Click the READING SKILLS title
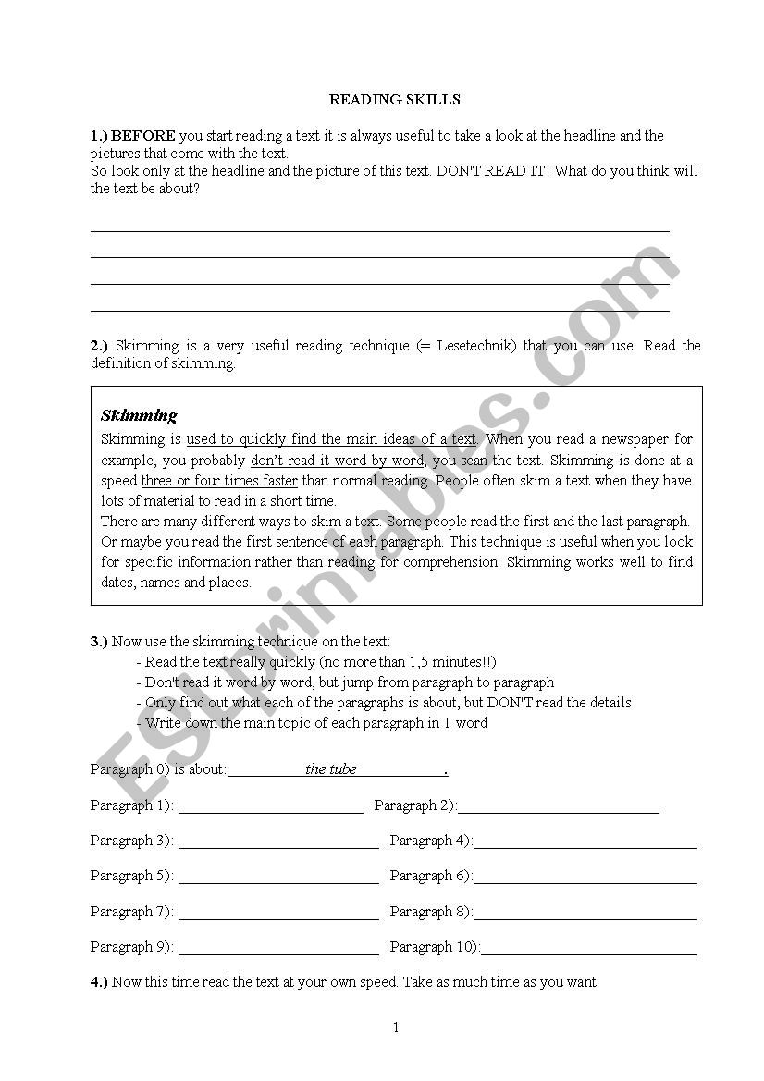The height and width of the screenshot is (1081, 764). [395, 100]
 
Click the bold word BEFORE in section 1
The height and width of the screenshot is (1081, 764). [143, 136]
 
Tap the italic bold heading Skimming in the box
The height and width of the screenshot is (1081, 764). [139, 415]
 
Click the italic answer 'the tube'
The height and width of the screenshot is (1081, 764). [330, 769]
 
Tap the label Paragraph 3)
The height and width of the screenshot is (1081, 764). [132, 841]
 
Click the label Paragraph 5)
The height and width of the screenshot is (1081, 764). [132, 876]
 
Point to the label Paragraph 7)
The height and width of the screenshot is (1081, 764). [132, 912]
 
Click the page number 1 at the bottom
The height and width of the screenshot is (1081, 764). [396, 1027]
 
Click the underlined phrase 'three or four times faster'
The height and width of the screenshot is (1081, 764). [219, 481]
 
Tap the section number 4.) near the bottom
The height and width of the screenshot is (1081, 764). [99, 982]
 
